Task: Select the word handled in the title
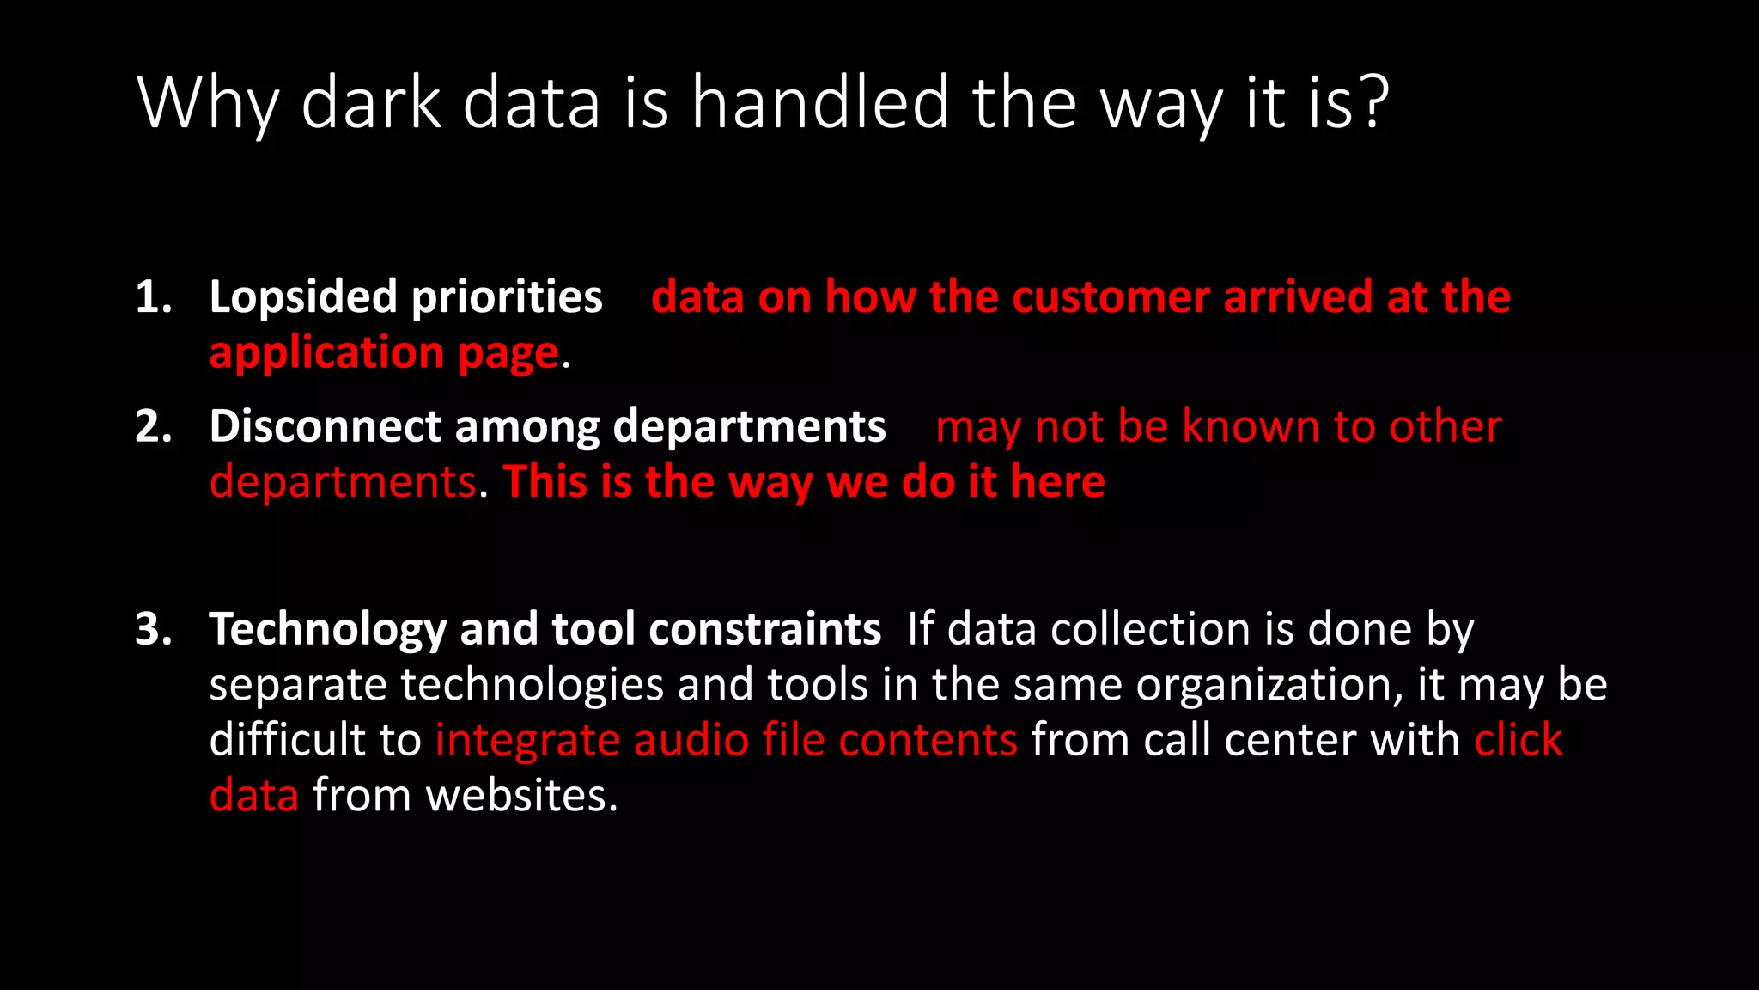(x=820, y=103)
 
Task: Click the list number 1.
(x=153, y=297)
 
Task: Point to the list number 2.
(x=153, y=426)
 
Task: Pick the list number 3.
(x=153, y=629)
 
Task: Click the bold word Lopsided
(x=303, y=297)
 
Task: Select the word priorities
(x=507, y=297)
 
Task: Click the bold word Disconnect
(x=325, y=426)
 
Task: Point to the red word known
(x=1251, y=426)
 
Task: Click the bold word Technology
(x=327, y=629)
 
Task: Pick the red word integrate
(x=526, y=741)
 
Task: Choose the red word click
(x=1518, y=741)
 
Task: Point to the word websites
(x=521, y=796)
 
